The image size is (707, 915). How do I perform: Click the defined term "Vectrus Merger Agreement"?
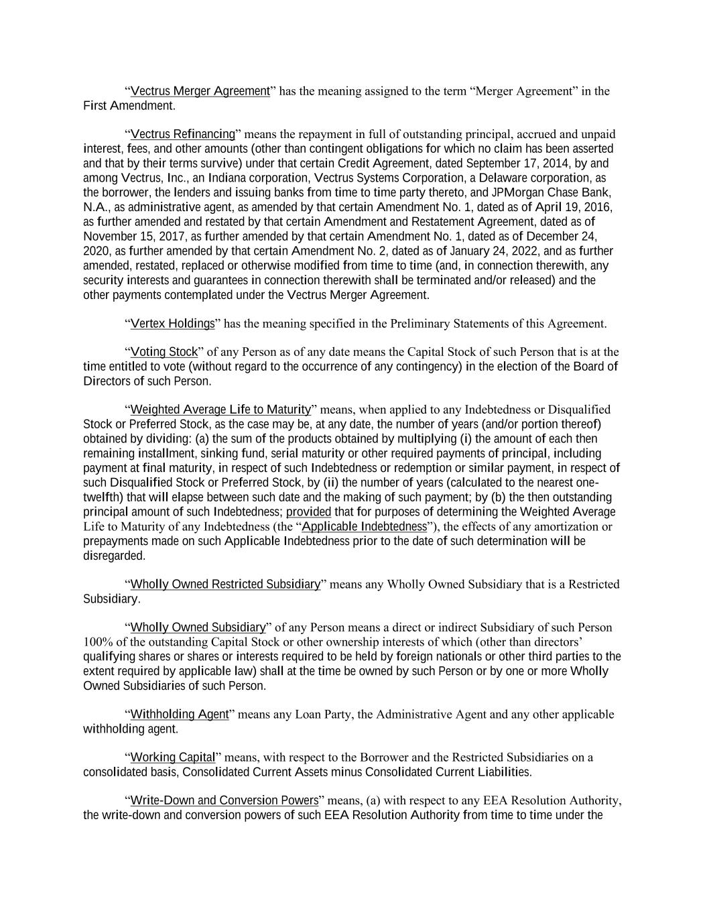(200, 91)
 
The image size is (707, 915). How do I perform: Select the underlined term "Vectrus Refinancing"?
(183, 134)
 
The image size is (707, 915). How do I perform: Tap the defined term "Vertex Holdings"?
(172, 324)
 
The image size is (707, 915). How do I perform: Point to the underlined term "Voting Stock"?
(164, 352)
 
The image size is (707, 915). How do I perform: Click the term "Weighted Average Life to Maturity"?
(220, 410)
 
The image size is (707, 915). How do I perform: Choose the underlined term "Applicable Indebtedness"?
(364, 526)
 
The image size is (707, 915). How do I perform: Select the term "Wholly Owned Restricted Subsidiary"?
(225, 585)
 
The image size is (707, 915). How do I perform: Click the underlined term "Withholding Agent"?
(180, 715)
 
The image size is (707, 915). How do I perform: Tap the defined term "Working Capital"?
(172, 757)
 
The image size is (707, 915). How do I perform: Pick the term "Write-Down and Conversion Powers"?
(224, 800)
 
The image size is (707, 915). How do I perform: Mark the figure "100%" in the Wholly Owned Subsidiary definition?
(97, 642)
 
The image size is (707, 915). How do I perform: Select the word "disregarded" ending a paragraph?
(113, 556)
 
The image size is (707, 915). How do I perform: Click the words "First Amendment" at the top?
(128, 106)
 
